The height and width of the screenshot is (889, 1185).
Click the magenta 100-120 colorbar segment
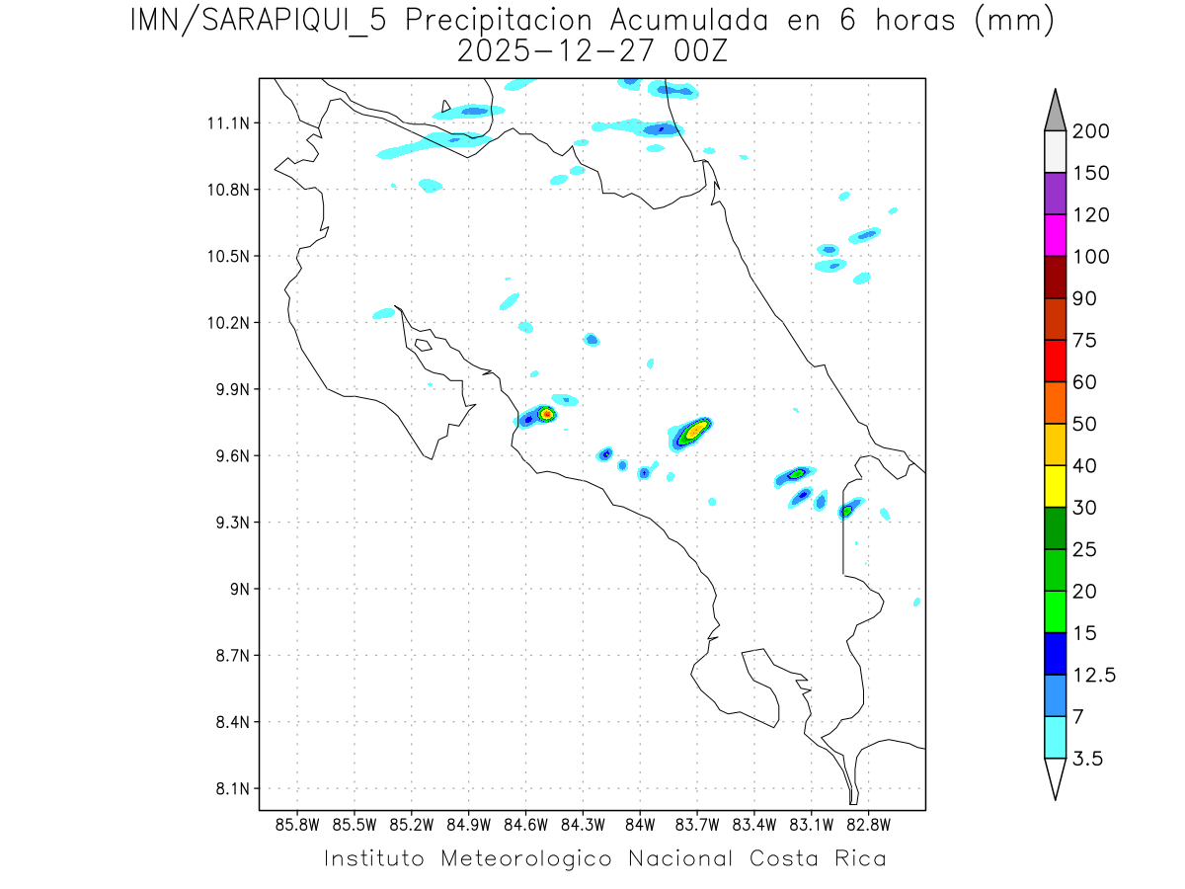tap(1055, 235)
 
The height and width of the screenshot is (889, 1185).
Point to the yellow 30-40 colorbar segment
tap(1055, 486)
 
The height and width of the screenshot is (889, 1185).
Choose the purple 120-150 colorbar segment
tap(1055, 194)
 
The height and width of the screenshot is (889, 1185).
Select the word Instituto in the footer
tap(374, 858)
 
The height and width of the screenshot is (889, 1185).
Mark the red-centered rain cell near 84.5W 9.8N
tap(546, 413)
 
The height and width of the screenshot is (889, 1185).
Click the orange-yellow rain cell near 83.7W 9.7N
tap(695, 430)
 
